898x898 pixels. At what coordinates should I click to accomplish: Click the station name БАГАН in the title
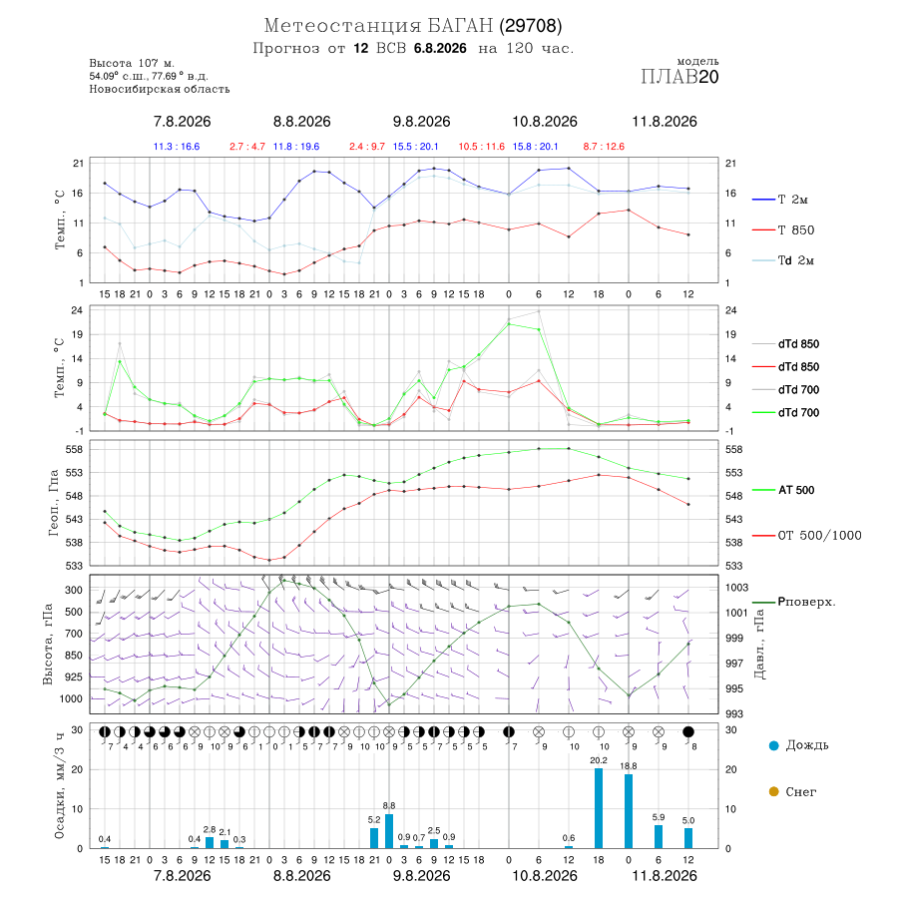pyautogui.click(x=460, y=26)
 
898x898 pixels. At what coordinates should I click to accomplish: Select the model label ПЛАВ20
pyautogui.click(x=679, y=77)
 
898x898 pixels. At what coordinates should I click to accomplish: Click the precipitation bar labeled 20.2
pyautogui.click(x=599, y=808)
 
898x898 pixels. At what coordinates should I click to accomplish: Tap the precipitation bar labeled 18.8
pyautogui.click(x=629, y=811)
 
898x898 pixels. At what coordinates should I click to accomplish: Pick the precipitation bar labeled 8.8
pyautogui.click(x=389, y=831)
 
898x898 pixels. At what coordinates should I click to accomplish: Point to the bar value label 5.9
pyautogui.click(x=659, y=817)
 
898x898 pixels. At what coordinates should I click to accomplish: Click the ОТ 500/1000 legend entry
pyautogui.click(x=806, y=536)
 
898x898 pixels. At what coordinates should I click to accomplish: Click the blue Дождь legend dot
pyautogui.click(x=773, y=745)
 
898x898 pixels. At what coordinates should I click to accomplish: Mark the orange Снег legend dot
pyautogui.click(x=773, y=791)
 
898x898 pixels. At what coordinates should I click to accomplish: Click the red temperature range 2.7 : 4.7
pyautogui.click(x=247, y=147)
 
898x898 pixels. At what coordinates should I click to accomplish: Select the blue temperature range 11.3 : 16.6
pyautogui.click(x=177, y=147)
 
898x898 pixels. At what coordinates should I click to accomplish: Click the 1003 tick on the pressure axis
pyautogui.click(x=736, y=588)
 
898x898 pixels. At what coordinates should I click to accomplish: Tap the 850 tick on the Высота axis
pyautogui.click(x=73, y=656)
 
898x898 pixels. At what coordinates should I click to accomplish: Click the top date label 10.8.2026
pyautogui.click(x=545, y=122)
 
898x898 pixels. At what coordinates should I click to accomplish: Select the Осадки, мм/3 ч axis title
pyautogui.click(x=60, y=786)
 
